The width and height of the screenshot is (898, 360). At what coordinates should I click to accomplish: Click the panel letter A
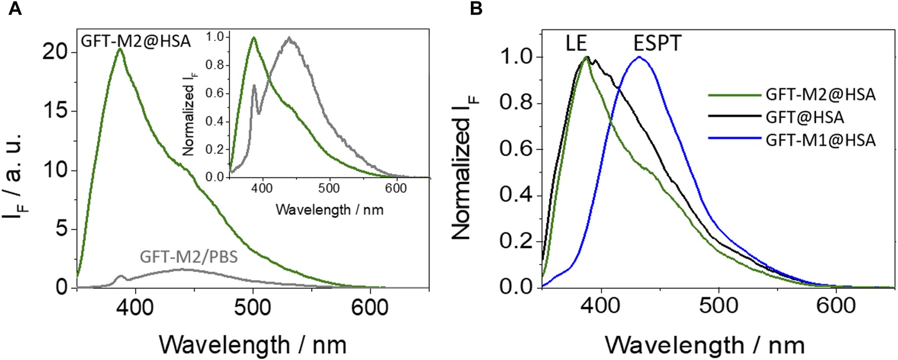[15, 9]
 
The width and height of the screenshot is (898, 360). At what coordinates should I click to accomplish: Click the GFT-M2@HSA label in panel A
[136, 41]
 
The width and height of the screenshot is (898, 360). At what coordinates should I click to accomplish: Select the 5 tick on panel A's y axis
[61, 229]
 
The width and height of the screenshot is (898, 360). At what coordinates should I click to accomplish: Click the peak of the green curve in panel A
[120, 49]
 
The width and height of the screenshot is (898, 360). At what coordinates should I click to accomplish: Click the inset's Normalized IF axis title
[189, 113]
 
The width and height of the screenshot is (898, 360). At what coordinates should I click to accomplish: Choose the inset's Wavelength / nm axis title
[329, 209]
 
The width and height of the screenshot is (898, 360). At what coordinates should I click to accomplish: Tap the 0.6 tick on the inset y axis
[215, 93]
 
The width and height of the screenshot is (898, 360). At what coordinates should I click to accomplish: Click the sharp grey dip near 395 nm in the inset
[259, 113]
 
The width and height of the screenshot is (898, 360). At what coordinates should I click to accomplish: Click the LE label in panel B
[576, 44]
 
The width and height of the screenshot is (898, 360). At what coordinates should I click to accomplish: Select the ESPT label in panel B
[657, 44]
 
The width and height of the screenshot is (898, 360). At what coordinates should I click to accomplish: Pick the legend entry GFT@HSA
[804, 117]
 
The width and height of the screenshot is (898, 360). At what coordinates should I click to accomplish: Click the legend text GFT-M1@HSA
[820, 139]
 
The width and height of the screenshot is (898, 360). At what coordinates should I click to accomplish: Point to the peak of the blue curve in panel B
[640, 57]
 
